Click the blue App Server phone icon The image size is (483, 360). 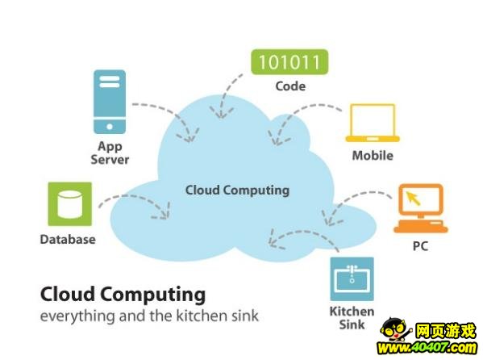coord(110,102)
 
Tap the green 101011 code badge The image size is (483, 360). coord(289,62)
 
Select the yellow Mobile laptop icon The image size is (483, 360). coord(373,123)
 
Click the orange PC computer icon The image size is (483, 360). coord(420,208)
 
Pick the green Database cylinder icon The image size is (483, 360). coord(70,204)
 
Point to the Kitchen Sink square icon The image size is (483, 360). coord(352,278)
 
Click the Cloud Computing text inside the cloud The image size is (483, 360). coord(238,190)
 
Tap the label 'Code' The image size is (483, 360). coord(290,86)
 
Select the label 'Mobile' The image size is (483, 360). coord(373,156)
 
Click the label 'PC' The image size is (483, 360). coord(420,246)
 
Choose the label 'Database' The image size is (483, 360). coord(68,240)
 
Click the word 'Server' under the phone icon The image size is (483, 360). coord(110,160)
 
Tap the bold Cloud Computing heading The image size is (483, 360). coord(123,295)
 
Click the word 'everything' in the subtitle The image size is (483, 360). coord(77,316)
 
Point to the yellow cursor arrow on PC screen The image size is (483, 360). coord(414,198)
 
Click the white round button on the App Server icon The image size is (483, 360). coord(110,127)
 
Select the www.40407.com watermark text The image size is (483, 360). coord(427,348)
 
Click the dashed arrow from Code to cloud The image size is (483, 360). coord(224,94)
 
